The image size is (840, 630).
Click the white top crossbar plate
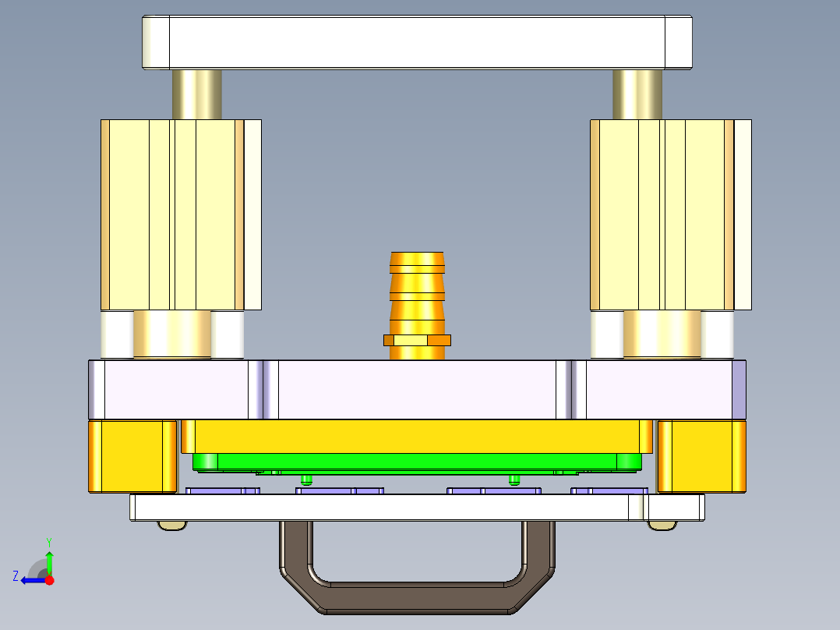[417, 42]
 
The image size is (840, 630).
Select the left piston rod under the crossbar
[196, 94]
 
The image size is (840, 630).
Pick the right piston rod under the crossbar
[637, 94]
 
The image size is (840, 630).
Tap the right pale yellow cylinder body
[662, 214]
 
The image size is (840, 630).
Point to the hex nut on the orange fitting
[418, 340]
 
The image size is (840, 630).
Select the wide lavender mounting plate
[417, 390]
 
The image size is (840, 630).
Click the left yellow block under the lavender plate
[131, 456]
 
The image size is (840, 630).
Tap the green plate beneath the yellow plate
[417, 462]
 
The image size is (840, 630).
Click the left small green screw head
[305, 478]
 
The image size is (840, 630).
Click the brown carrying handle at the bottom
[417, 596]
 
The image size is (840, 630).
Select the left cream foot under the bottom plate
[172, 525]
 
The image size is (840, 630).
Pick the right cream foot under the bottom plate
[661, 525]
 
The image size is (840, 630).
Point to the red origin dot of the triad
[49, 580]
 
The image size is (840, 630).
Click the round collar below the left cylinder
[172, 334]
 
